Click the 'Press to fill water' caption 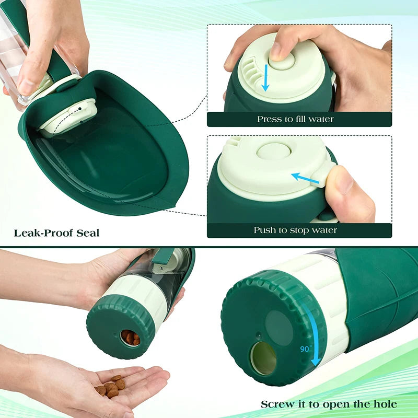(295, 119)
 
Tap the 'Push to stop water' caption (295, 230)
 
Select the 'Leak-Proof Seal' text (56, 233)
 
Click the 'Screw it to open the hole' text (329, 404)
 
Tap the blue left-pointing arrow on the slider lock (305, 179)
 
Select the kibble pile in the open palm (111, 386)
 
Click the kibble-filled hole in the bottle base (130, 338)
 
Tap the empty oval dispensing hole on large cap (263, 358)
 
